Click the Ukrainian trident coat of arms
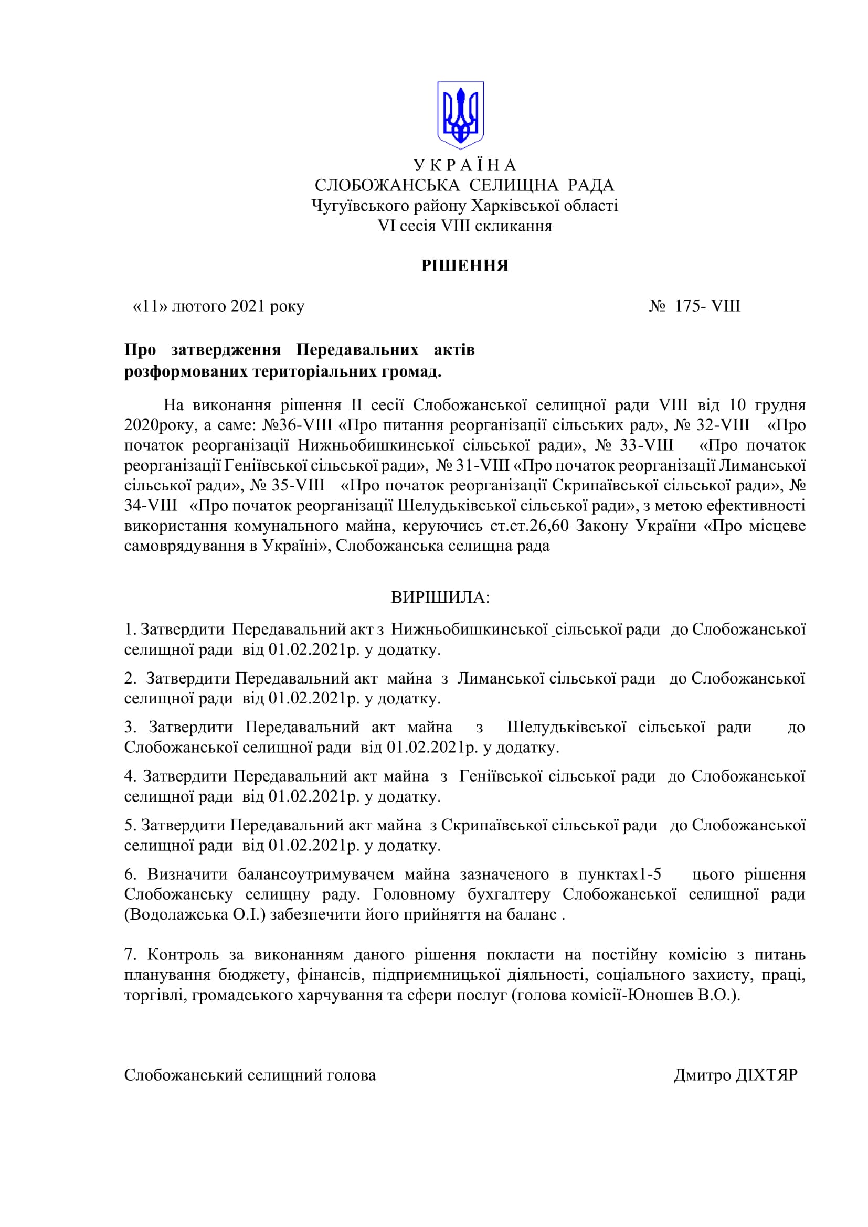pos(460,115)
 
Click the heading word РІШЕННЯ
pos(464,265)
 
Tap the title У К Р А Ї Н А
pos(464,165)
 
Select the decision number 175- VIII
pos(707,306)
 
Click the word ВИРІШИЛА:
pos(440,597)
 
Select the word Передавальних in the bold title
pos(357,350)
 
